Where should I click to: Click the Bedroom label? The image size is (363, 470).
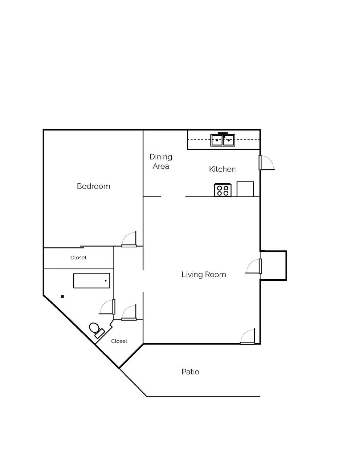pyautogui.click(x=93, y=186)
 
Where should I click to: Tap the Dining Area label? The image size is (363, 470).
pyautogui.click(x=161, y=162)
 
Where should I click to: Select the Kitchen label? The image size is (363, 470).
pyautogui.click(x=222, y=169)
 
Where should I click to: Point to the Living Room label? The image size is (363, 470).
pyautogui.click(x=204, y=275)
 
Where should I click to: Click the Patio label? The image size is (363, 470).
pyautogui.click(x=190, y=372)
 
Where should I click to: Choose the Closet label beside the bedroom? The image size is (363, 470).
pyautogui.click(x=78, y=258)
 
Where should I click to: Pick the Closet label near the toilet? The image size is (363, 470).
pyautogui.click(x=119, y=341)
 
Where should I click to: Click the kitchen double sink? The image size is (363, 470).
pyautogui.click(x=223, y=140)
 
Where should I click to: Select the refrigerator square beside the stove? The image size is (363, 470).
pyautogui.click(x=245, y=189)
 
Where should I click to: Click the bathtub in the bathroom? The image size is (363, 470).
pyautogui.click(x=92, y=281)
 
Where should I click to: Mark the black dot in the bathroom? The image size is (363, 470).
pyautogui.click(x=62, y=297)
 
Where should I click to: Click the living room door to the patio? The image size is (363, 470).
pyautogui.click(x=248, y=337)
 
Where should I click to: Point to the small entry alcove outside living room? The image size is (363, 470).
pyautogui.click(x=273, y=265)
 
